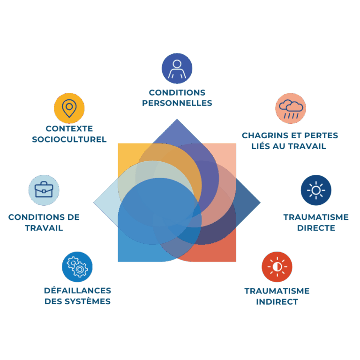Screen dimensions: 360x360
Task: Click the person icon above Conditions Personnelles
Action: [x=177, y=68]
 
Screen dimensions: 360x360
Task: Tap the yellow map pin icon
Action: [x=69, y=108]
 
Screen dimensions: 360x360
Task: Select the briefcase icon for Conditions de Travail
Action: [x=44, y=190]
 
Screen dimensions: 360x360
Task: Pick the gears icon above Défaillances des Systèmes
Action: [x=77, y=267]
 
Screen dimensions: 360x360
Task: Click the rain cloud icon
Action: [x=291, y=108]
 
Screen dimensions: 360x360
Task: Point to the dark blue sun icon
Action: [x=316, y=190]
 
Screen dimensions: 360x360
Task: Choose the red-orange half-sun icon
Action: [x=277, y=267]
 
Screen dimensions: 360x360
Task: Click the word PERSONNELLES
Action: [x=177, y=103]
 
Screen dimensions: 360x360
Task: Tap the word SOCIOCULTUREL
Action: [x=69, y=139]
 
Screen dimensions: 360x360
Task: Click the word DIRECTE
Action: [x=316, y=228]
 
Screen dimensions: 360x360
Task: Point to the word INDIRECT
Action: [x=277, y=302]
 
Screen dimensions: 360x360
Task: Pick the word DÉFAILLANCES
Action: [x=77, y=291]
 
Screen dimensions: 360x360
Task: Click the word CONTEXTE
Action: [x=69, y=128]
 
